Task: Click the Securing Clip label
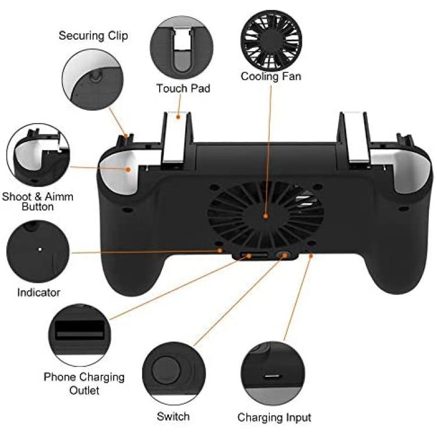pyautogui.click(x=93, y=36)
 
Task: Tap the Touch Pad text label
pyautogui.click(x=183, y=89)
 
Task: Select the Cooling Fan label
pyautogui.click(x=271, y=76)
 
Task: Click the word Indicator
pyautogui.click(x=38, y=292)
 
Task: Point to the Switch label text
pyautogui.click(x=173, y=417)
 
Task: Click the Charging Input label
pyautogui.click(x=274, y=418)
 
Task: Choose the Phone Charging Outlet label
pyautogui.click(x=84, y=383)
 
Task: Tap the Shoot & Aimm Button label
pyautogui.click(x=38, y=202)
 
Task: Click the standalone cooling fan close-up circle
pyautogui.click(x=271, y=40)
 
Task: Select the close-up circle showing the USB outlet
pyautogui.click(x=80, y=335)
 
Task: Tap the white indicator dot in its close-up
pyautogui.click(x=40, y=249)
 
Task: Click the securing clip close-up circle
pyautogui.click(x=93, y=79)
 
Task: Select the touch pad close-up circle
pyautogui.click(x=182, y=47)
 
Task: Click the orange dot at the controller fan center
pyautogui.click(x=266, y=216)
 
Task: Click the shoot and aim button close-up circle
pyautogui.click(x=38, y=155)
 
